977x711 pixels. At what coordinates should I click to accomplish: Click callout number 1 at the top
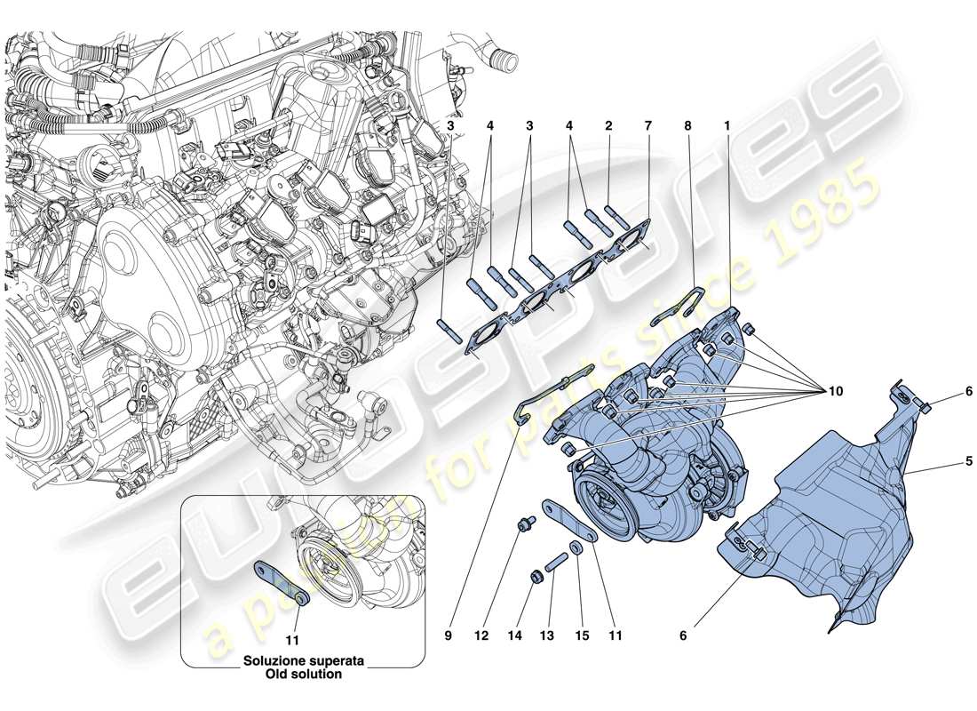(727, 126)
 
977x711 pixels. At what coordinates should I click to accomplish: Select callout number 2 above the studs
(608, 126)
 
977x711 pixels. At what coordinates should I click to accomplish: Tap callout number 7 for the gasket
(647, 126)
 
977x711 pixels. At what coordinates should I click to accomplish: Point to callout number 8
(687, 126)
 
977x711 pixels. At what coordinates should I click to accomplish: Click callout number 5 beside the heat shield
(944, 461)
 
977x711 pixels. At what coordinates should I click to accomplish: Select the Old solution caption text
(303, 675)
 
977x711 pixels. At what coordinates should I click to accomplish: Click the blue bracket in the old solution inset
(280, 582)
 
